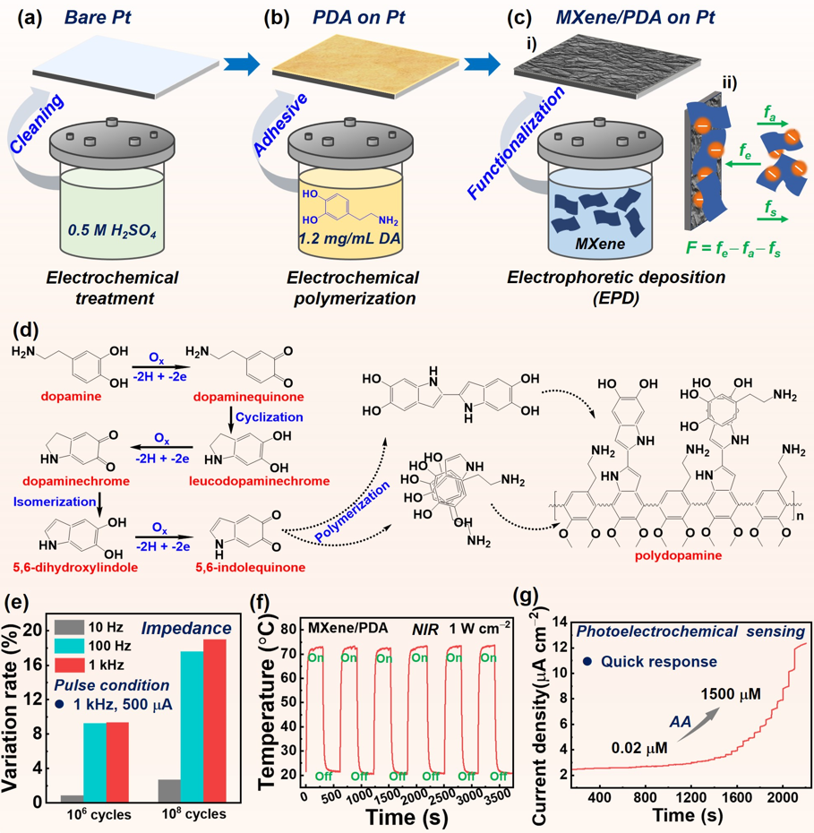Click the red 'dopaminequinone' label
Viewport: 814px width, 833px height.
tap(249, 397)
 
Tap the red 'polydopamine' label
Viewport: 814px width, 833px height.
tap(678, 555)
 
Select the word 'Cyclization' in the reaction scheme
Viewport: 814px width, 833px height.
tap(270, 417)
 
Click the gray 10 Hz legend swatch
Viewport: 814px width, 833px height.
tap(69, 627)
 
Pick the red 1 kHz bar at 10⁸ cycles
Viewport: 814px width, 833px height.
tap(215, 720)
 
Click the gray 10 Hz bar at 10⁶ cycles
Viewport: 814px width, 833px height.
tap(73, 798)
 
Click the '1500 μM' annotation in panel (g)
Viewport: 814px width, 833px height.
tap(731, 694)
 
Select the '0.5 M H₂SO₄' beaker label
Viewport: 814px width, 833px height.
tap(112, 231)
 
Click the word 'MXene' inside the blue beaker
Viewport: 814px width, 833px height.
tap(600, 244)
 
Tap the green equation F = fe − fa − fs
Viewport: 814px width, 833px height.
tap(733, 248)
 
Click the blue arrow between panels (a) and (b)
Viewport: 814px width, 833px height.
tap(242, 64)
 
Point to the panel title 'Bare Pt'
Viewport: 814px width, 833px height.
tap(98, 18)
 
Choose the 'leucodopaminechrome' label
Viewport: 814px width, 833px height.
tap(259, 481)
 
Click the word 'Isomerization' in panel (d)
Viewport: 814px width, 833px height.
tap(55, 502)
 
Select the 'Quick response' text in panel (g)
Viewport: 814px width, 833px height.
tap(659, 662)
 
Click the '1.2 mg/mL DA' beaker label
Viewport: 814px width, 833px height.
tap(349, 238)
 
